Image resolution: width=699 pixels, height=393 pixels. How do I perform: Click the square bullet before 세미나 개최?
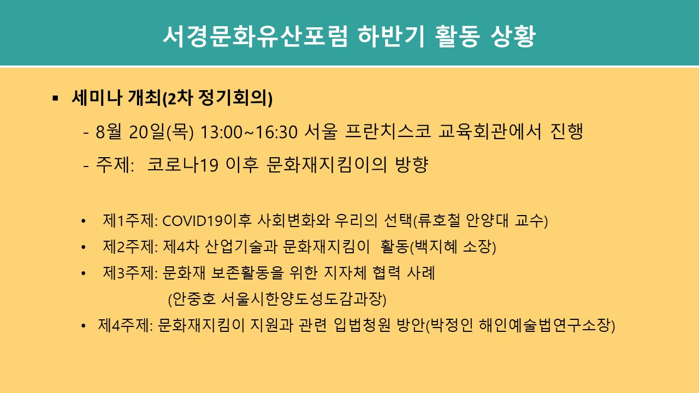click(x=55, y=99)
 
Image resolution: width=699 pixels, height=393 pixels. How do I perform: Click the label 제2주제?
click(x=130, y=247)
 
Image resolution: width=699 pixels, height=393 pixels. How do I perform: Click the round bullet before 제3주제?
click(x=83, y=273)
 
